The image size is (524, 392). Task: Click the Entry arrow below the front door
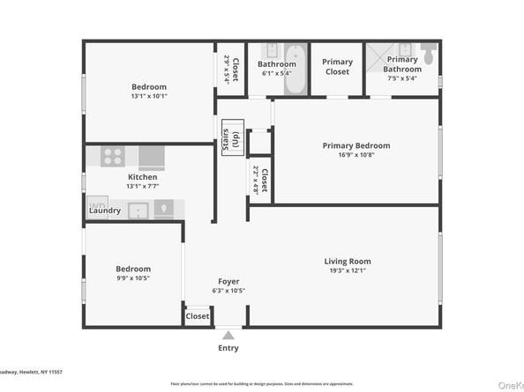click(x=228, y=335)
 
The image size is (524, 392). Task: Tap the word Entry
click(x=228, y=348)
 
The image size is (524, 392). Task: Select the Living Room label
click(x=347, y=261)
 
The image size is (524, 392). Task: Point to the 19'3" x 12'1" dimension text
click(x=347, y=271)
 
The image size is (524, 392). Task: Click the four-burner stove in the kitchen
click(x=112, y=157)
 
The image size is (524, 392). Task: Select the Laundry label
click(x=105, y=211)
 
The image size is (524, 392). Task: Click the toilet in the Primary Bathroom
click(x=429, y=54)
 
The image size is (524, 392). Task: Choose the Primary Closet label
click(x=337, y=67)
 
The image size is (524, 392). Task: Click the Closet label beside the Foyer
click(x=198, y=315)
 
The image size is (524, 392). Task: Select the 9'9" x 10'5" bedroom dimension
click(x=132, y=279)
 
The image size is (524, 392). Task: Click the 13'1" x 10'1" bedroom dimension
click(x=148, y=97)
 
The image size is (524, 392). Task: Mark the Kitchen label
click(x=142, y=177)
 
